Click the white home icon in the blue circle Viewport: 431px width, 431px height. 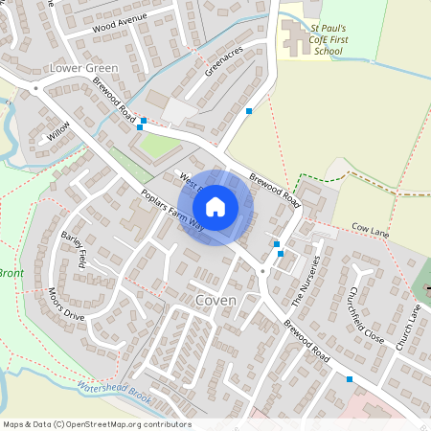tap(215, 207)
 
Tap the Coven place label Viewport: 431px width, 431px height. tap(216, 300)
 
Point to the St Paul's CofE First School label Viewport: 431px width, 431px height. tap(329, 39)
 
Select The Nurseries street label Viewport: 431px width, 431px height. tap(304, 280)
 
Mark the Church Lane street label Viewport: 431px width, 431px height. tap(415, 325)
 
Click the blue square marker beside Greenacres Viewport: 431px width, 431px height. tap(249, 111)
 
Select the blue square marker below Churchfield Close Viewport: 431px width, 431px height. tap(350, 379)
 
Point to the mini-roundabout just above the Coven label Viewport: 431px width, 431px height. tap(262, 273)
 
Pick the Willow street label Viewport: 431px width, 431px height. tap(59, 131)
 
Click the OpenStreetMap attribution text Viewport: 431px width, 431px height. tap(96, 424)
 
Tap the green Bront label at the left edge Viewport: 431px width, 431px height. tap(11, 273)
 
